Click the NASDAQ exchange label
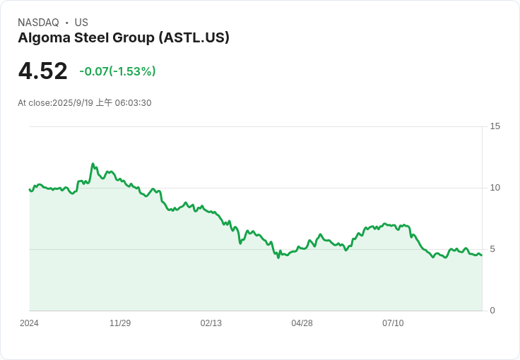(x=38, y=23)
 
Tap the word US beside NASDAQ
(x=81, y=23)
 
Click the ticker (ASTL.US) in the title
(x=194, y=37)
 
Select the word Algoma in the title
(x=44, y=38)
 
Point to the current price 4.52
(x=43, y=71)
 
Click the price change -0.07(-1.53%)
(x=117, y=71)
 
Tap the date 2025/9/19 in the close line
(x=73, y=103)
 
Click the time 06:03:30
(x=133, y=103)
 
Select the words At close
(x=34, y=103)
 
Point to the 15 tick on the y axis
(x=495, y=126)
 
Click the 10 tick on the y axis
(x=495, y=188)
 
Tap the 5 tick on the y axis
(x=492, y=249)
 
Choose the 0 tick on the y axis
(x=492, y=311)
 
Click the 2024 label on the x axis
(x=29, y=323)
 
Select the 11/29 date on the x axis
(x=120, y=323)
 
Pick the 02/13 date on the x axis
(x=211, y=323)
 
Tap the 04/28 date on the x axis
(x=302, y=323)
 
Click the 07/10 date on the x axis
(x=393, y=323)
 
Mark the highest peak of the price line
(x=93, y=164)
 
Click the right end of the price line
(x=482, y=255)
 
